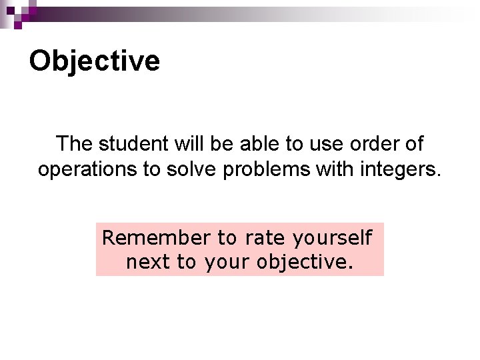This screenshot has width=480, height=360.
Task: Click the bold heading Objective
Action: pyautogui.click(x=95, y=61)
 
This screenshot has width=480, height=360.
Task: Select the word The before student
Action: pyautogui.click(x=75, y=144)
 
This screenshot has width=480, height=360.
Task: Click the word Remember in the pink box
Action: pyautogui.click(x=156, y=237)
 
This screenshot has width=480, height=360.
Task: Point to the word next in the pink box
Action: pyautogui.click(x=148, y=262)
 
